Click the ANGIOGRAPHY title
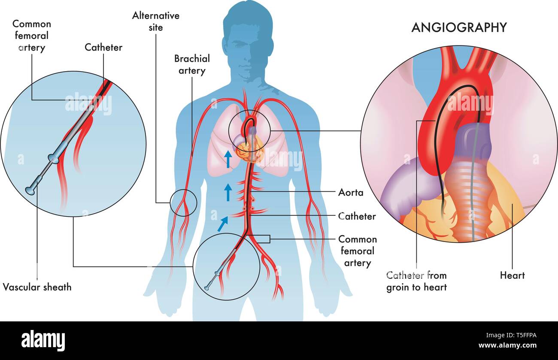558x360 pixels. pos(459,27)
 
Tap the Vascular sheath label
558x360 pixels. pos(37,287)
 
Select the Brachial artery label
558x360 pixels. pos(192,64)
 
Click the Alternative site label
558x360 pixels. pos(156,21)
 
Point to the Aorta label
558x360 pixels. pos(351,193)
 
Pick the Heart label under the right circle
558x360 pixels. pos(513,275)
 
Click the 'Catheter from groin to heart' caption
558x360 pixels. pos(416,281)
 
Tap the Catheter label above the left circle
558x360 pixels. pos(103,47)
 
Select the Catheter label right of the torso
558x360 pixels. pos(357,216)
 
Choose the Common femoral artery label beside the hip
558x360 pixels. pos(358,251)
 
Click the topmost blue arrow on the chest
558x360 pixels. pos(228,159)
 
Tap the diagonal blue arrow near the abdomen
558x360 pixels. pos(223,224)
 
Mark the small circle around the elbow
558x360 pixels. pos(170,203)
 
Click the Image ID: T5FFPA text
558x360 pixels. pos(511,335)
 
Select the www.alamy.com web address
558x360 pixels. pos(507,345)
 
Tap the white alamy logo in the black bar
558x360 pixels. pos(43,340)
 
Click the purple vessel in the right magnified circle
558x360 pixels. pos(473,142)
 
